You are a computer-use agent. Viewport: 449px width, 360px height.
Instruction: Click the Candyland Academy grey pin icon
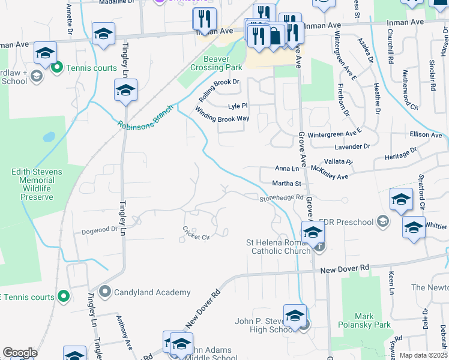tap(105, 292)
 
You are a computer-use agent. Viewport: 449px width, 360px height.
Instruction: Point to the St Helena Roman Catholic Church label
tap(280, 247)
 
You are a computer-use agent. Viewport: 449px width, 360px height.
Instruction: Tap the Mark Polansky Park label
tap(372, 320)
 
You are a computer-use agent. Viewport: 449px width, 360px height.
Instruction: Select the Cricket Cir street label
tap(196, 233)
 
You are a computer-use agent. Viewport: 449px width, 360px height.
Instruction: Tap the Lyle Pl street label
tap(238, 106)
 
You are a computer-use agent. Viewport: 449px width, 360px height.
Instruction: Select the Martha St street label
tap(287, 183)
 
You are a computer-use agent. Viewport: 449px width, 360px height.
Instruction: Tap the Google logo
tap(20, 353)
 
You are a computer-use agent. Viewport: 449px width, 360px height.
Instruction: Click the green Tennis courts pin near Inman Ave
tap(56, 67)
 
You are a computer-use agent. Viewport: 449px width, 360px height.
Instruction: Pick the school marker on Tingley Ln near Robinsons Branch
tap(125, 91)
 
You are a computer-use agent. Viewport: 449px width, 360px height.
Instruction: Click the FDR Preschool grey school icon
tap(381, 221)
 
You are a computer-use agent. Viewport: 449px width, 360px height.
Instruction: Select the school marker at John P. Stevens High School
tap(295, 316)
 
